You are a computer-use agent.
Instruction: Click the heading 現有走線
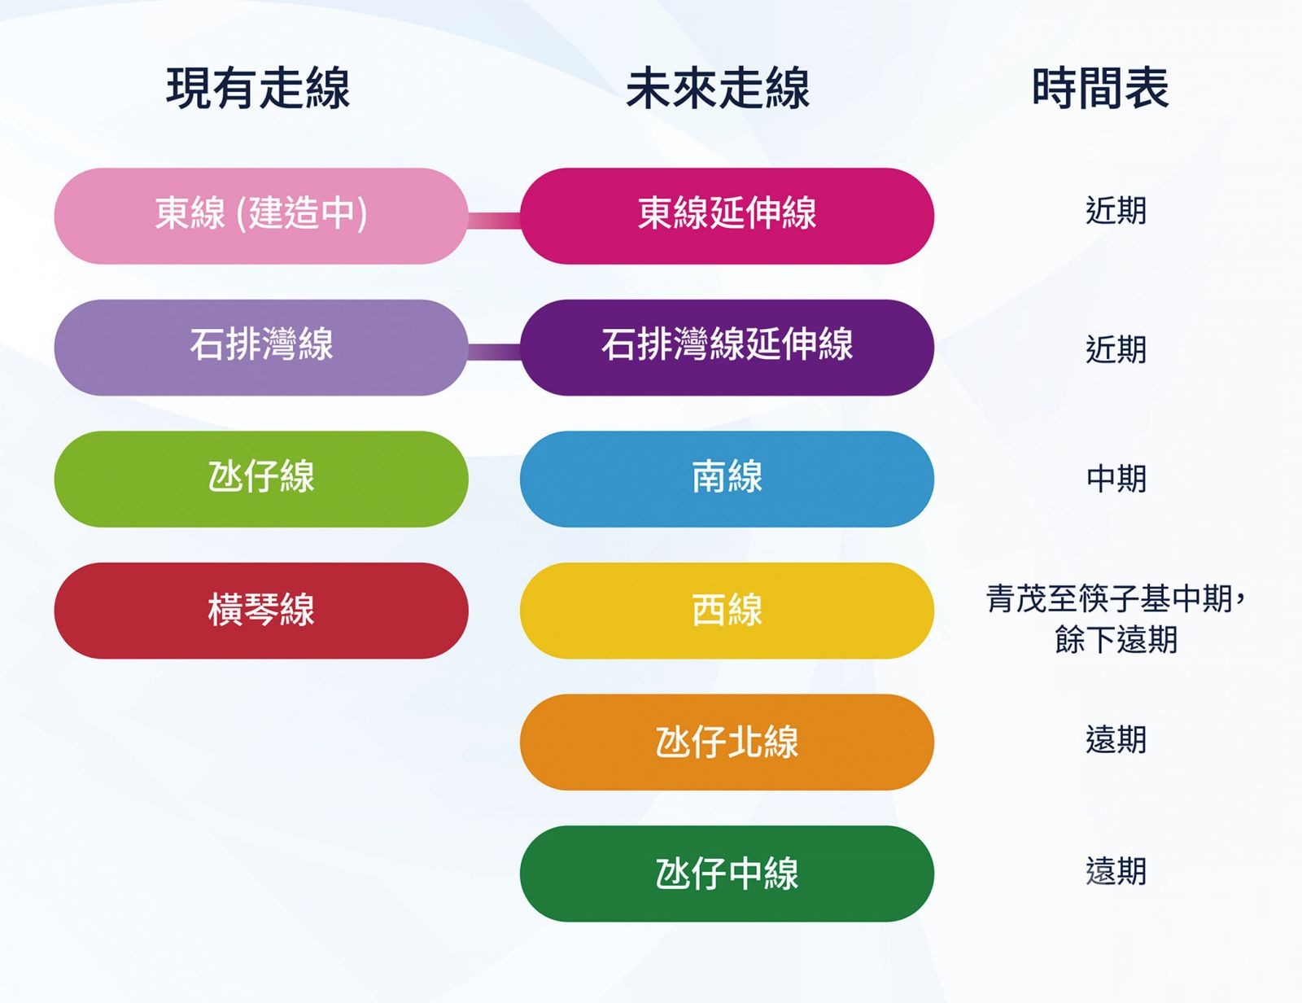tap(258, 89)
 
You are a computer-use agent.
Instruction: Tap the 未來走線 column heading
tap(717, 89)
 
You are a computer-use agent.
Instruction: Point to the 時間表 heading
tap(1100, 89)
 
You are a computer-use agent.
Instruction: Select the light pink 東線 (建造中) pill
tap(261, 216)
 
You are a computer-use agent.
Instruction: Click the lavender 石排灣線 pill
tap(261, 348)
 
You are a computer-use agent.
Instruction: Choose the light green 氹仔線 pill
tap(261, 479)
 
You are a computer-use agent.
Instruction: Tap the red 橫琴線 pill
tap(261, 611)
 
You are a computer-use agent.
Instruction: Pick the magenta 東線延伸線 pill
tap(727, 216)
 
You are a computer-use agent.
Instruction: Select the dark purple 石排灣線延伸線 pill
tap(727, 348)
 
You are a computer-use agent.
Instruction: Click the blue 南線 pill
tap(727, 479)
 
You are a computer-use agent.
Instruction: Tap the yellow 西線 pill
tap(727, 611)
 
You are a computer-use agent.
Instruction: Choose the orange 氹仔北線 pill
tap(727, 742)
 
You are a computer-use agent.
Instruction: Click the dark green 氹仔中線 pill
tap(727, 874)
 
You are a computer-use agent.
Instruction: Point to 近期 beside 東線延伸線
tap(1116, 211)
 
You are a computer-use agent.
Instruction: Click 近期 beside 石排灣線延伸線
tap(1116, 349)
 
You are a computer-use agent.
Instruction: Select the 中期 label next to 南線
tap(1116, 479)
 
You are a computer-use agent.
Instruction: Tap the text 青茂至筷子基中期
tap(1109, 598)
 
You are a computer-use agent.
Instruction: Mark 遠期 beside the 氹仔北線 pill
tap(1116, 739)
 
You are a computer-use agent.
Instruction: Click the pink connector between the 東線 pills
tap(494, 221)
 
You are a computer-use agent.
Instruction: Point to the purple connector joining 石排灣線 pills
tap(494, 352)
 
